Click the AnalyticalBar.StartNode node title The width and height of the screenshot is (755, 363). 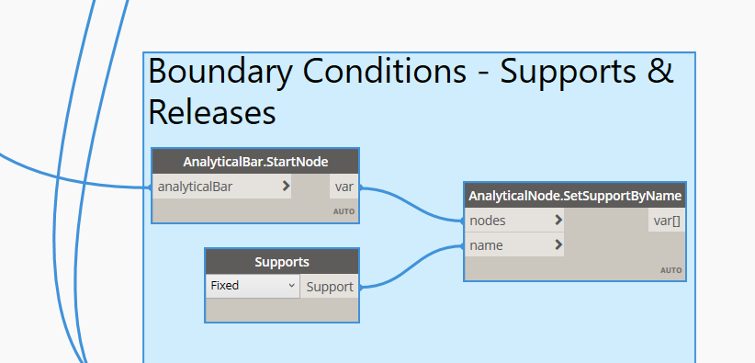[x=255, y=162]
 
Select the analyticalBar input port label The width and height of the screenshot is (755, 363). [x=195, y=187]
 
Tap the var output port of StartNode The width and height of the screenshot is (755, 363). [x=344, y=187]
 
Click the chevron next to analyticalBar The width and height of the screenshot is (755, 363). [x=286, y=186]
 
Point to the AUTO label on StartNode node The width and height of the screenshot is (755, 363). [x=344, y=211]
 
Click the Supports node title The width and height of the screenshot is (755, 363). [x=282, y=262]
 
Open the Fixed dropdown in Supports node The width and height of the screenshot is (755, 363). [x=253, y=286]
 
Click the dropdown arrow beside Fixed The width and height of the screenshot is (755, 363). [x=291, y=286]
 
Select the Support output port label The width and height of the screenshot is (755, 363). [x=330, y=287]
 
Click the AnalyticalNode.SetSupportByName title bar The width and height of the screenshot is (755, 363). [x=575, y=196]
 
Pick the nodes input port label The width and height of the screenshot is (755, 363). [x=488, y=221]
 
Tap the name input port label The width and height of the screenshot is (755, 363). [x=486, y=245]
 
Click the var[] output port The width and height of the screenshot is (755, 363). [x=667, y=221]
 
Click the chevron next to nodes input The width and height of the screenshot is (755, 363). [x=558, y=221]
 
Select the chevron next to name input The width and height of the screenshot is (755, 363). [x=558, y=244]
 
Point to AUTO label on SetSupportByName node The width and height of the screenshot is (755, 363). [x=671, y=270]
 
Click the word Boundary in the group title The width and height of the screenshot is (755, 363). [x=220, y=73]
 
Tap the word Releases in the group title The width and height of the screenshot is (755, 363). [x=212, y=112]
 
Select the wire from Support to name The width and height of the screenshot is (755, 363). [x=411, y=267]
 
